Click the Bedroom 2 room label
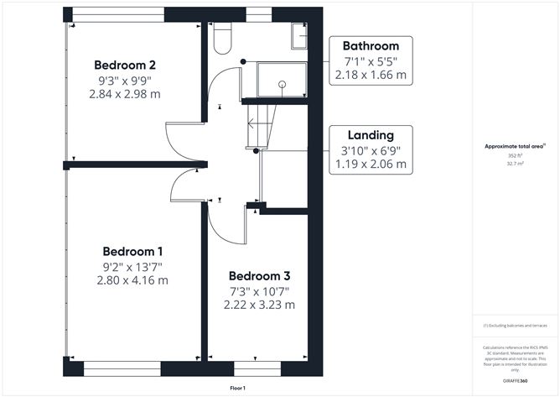[x=125, y=65]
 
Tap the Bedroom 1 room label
[x=132, y=251]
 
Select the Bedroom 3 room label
[x=260, y=276]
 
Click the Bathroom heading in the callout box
[x=371, y=46]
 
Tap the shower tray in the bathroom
[x=282, y=79]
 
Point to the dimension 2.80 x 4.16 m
[x=132, y=280]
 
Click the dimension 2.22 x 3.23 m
[x=260, y=306]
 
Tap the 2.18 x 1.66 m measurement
[x=371, y=75]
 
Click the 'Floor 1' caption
[x=238, y=389]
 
